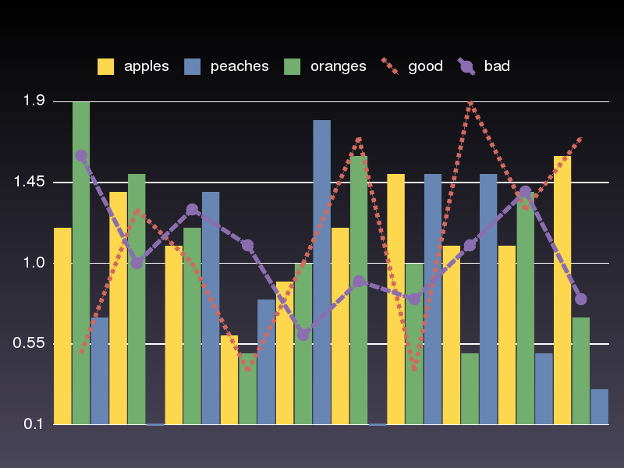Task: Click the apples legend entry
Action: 133,66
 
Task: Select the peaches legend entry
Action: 226,66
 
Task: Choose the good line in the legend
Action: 413,66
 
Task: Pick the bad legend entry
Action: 484,66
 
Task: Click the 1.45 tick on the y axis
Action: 31,183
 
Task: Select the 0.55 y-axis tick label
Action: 31,344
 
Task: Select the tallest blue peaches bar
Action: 321,272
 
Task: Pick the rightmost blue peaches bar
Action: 599,406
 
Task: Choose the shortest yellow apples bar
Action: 229,380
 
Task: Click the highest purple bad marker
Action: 81,156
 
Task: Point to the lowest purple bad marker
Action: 303,335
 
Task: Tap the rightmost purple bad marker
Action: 580,299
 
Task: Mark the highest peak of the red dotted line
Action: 470,101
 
